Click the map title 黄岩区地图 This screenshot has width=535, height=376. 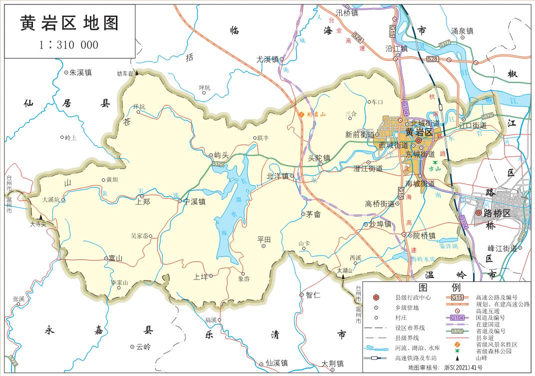69,23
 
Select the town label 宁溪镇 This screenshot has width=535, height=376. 195,202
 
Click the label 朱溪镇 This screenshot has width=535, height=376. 80,72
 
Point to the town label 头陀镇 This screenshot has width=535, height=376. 320,158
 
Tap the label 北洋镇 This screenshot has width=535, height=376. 278,176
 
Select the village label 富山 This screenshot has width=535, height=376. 115,258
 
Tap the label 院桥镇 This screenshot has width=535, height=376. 424,235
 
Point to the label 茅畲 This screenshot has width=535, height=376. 313,214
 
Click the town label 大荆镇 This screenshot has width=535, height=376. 332,363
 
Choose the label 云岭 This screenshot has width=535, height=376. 143,346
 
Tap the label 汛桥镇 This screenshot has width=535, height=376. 347,13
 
